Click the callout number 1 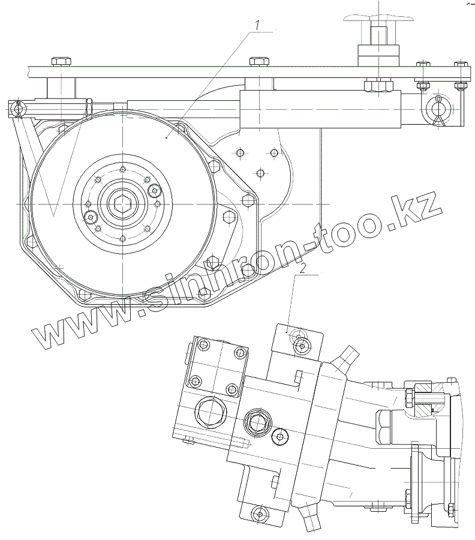pyautogui.click(x=257, y=25)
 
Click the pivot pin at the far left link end pyautogui.click(x=19, y=109)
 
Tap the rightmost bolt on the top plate pyautogui.click(x=461, y=64)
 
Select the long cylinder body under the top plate pyautogui.click(x=320, y=109)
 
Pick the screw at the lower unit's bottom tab pyautogui.click(x=259, y=513)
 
